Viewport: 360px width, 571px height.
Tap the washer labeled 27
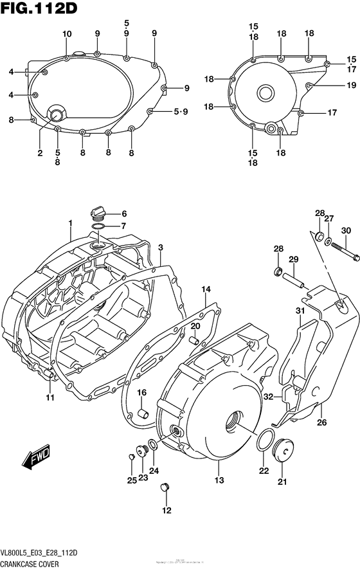coord(328,242)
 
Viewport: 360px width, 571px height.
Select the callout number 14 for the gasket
coord(205,289)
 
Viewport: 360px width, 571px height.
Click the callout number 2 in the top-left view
coord(40,153)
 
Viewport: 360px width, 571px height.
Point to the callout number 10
coord(67,33)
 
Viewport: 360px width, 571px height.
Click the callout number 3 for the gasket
coord(160,248)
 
